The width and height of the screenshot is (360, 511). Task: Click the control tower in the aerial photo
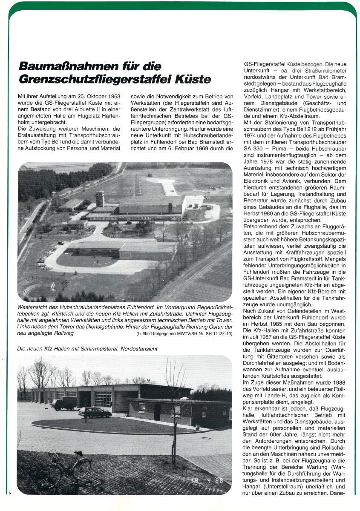(x=100, y=198)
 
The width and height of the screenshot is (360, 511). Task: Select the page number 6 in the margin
(x=9, y=493)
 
